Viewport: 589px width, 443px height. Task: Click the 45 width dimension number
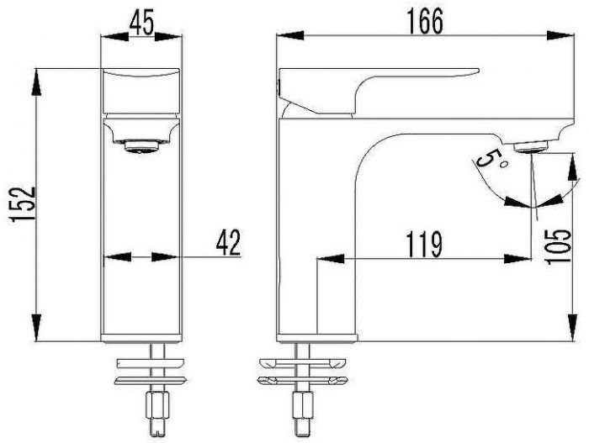(141, 24)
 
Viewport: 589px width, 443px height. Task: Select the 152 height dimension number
(24, 204)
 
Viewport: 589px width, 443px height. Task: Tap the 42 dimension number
(228, 243)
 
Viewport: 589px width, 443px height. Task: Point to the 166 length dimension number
(426, 21)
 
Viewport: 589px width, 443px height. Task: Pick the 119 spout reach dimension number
(424, 245)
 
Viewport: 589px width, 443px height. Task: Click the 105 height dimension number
(560, 247)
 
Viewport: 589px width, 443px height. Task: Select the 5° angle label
(491, 159)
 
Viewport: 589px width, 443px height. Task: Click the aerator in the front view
(141, 146)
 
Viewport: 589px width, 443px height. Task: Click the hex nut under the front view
(157, 405)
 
